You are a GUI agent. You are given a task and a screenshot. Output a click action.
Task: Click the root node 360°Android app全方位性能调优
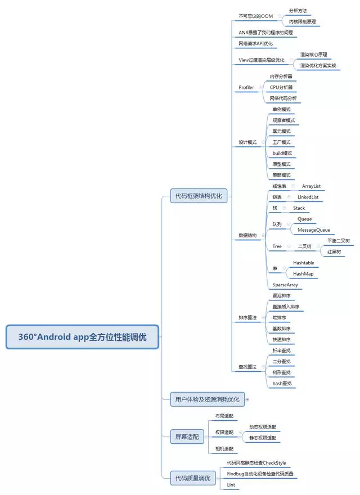pyautogui.click(x=83, y=337)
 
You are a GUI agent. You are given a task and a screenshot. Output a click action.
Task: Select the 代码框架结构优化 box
pyautogui.click(x=199, y=196)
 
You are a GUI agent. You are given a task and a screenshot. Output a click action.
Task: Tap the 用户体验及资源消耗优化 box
pyautogui.click(x=207, y=399)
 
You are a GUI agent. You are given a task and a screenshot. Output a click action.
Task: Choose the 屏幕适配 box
pyautogui.click(x=187, y=436)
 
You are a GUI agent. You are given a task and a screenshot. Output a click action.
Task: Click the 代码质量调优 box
pyautogui.click(x=192, y=478)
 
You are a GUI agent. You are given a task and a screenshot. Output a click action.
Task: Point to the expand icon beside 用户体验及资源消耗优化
pyautogui.click(x=246, y=399)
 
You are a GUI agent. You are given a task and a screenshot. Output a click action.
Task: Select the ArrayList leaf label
pyautogui.click(x=311, y=186)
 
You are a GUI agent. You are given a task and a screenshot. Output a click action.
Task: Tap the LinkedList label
pyautogui.click(x=312, y=197)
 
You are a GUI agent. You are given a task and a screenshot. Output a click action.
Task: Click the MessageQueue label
pyautogui.click(x=314, y=229)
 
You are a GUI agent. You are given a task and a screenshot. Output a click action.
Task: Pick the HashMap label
pyautogui.click(x=303, y=274)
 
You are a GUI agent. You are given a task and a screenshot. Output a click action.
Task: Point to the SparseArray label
pyautogui.click(x=285, y=285)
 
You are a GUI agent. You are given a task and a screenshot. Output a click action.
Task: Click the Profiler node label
pyautogui.click(x=246, y=87)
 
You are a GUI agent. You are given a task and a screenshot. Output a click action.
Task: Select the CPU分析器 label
pyautogui.click(x=281, y=87)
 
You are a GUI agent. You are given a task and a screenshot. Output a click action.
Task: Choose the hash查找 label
pyautogui.click(x=282, y=383)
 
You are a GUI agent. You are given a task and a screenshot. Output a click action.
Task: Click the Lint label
pyautogui.click(x=231, y=484)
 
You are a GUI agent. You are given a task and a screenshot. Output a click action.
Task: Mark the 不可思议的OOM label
pyautogui.click(x=255, y=16)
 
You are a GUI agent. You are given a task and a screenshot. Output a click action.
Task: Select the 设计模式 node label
pyautogui.click(x=247, y=142)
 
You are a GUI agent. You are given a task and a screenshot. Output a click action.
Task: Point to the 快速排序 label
pyautogui.click(x=281, y=339)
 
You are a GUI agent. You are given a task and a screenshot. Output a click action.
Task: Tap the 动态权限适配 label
pyautogui.click(x=263, y=427)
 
